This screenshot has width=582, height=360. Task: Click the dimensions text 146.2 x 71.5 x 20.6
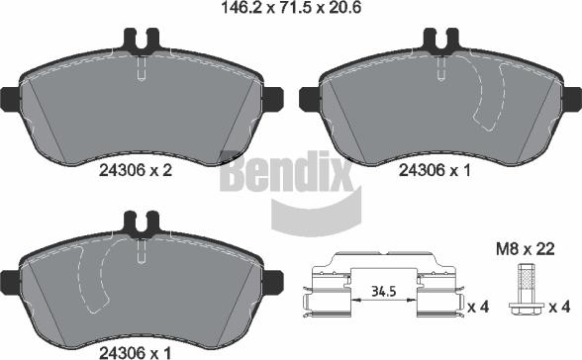(291, 7)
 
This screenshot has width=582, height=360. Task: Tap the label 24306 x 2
(136, 170)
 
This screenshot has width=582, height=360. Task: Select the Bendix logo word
(287, 171)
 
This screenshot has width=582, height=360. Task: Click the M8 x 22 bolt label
(526, 249)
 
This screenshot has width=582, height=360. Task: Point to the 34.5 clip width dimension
(384, 292)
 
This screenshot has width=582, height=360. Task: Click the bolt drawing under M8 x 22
(527, 289)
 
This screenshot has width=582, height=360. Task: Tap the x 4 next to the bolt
(559, 307)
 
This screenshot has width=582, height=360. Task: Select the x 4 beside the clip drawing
(479, 307)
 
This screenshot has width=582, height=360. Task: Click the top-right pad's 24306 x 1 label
(435, 170)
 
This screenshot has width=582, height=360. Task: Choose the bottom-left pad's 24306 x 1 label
(135, 352)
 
